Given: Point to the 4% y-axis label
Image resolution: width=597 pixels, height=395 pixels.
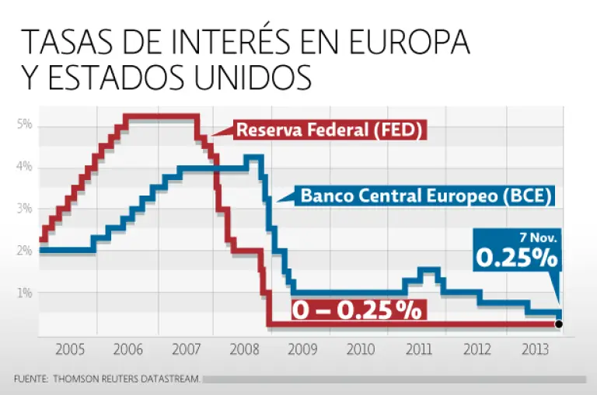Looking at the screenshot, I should point(23,167).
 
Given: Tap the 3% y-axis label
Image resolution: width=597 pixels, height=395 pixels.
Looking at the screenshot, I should point(23,209).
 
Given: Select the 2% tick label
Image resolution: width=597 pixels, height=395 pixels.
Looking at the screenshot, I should point(23,251).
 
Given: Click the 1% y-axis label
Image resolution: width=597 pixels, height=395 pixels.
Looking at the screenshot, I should point(23,293).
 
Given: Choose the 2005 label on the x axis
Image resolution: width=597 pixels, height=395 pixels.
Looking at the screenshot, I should point(70,348).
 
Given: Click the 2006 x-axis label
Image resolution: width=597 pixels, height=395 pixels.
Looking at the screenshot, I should point(128,348).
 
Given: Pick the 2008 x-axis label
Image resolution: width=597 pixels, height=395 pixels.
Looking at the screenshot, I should point(244,348).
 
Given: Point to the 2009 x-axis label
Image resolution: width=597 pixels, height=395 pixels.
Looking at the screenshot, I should point(302,348).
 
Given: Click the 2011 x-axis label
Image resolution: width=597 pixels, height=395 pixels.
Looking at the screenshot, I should point(419,348).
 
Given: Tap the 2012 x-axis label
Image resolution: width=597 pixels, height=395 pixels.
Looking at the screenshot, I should point(477,348).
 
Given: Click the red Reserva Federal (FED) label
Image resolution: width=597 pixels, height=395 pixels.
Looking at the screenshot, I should point(329,130).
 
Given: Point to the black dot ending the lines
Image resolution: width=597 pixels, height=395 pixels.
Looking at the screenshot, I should point(559,324).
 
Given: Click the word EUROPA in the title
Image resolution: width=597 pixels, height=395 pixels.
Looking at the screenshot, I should point(400,43).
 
